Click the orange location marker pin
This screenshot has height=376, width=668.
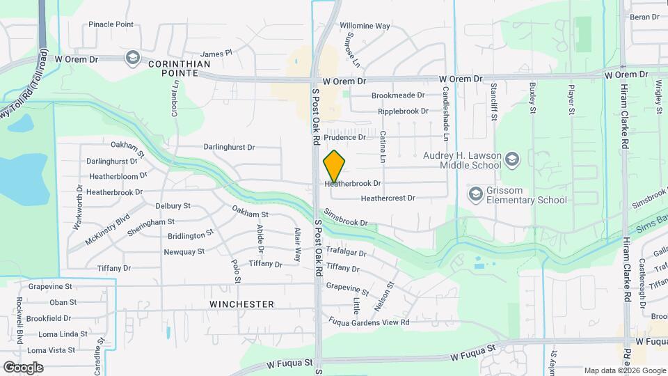click(x=335, y=166)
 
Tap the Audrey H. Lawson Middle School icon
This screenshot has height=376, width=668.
click(x=513, y=159)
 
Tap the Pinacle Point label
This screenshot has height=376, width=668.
click(x=111, y=24)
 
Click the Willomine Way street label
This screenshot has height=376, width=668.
click(x=365, y=26)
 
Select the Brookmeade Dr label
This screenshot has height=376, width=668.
click(x=397, y=95)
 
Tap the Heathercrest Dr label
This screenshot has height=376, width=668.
click(x=388, y=198)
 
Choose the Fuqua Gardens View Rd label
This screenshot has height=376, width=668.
click(x=369, y=322)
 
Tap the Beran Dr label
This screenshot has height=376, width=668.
click(x=644, y=17)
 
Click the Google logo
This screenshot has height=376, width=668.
click(x=23, y=367)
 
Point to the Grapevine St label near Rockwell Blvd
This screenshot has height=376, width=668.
click(x=50, y=286)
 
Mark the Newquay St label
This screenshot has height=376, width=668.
click(x=184, y=251)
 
